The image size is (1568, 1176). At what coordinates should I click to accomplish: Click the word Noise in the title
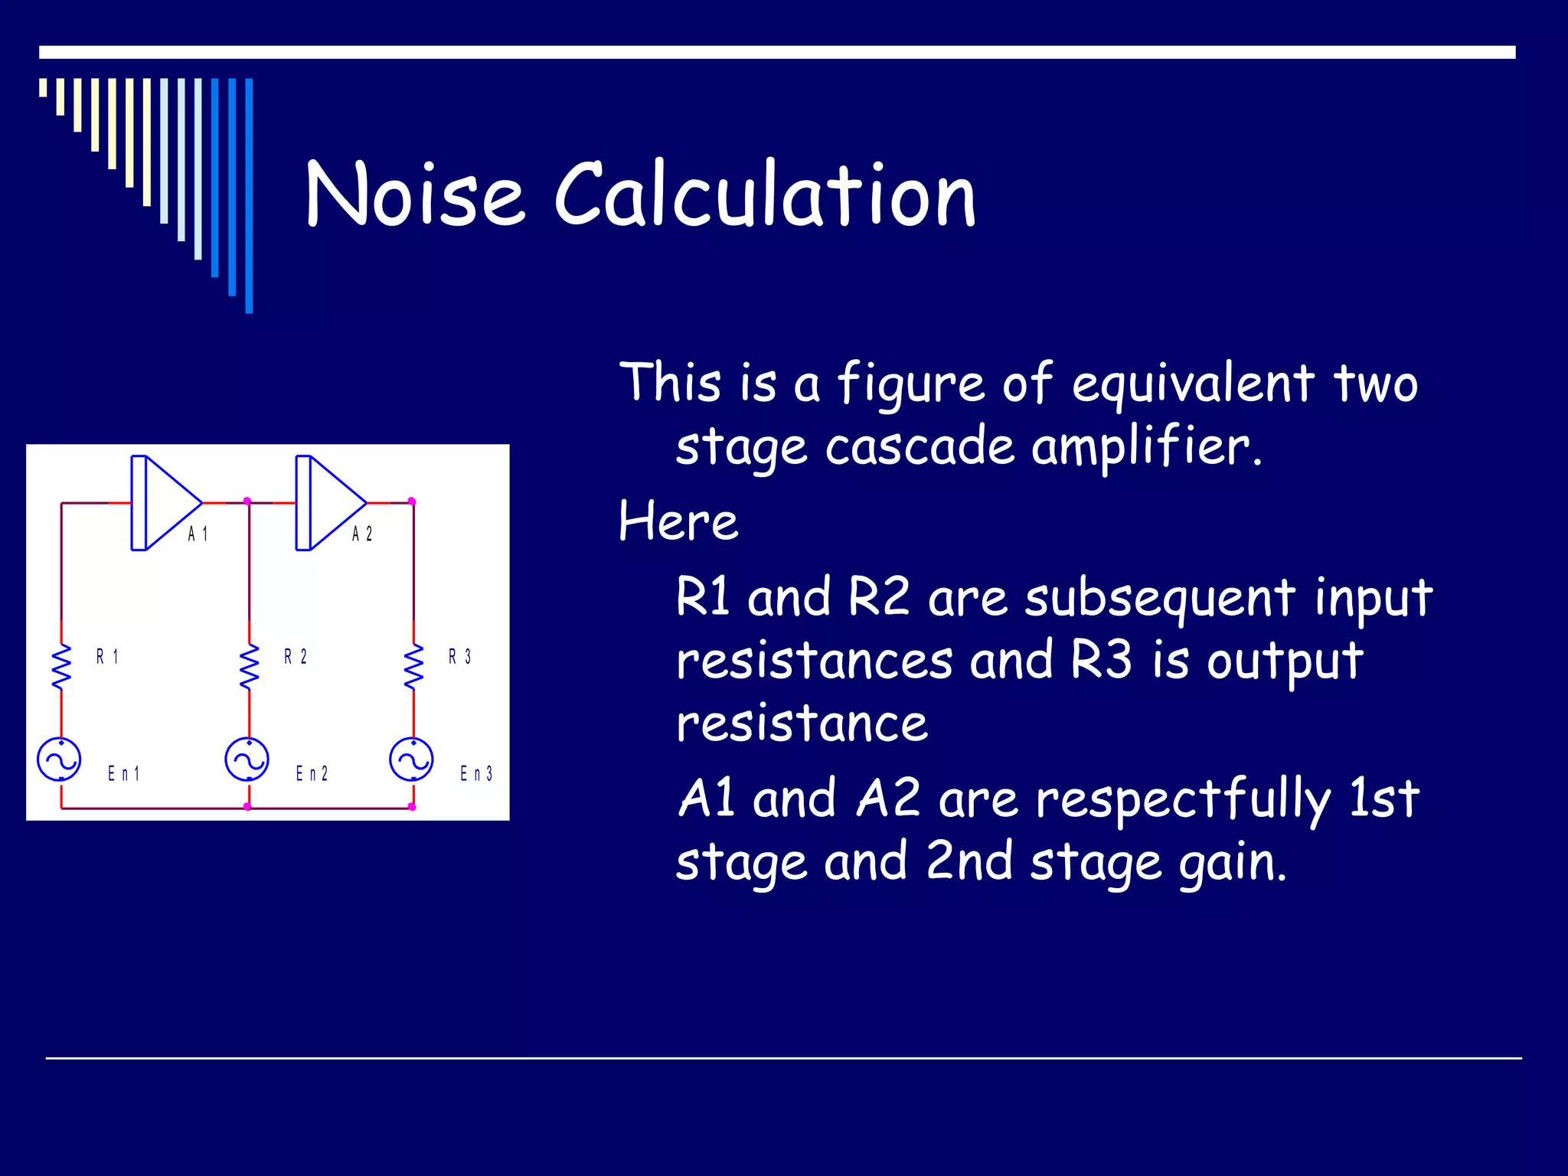[x=414, y=194]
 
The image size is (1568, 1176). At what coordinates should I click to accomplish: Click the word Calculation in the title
[x=765, y=194]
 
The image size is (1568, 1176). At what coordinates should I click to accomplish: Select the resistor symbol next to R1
[x=61, y=667]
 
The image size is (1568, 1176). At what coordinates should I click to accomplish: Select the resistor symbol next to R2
[x=249, y=667]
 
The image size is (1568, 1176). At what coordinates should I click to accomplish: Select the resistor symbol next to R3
[x=413, y=667]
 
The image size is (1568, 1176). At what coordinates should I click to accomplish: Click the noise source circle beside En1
[x=59, y=759]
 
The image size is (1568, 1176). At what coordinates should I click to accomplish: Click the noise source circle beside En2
[x=247, y=759]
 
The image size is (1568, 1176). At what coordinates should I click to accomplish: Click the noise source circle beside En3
[x=411, y=759]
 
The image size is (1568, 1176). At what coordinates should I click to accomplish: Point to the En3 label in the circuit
[x=476, y=773]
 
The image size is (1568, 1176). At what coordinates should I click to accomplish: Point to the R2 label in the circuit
[x=296, y=657]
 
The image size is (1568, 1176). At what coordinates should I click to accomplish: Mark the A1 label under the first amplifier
[x=198, y=534]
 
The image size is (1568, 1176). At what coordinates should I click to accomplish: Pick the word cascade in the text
[x=920, y=447]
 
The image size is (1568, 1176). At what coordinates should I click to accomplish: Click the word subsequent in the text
[x=1160, y=599]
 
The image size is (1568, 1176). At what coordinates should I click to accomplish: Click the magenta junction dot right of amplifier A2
[x=412, y=501]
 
